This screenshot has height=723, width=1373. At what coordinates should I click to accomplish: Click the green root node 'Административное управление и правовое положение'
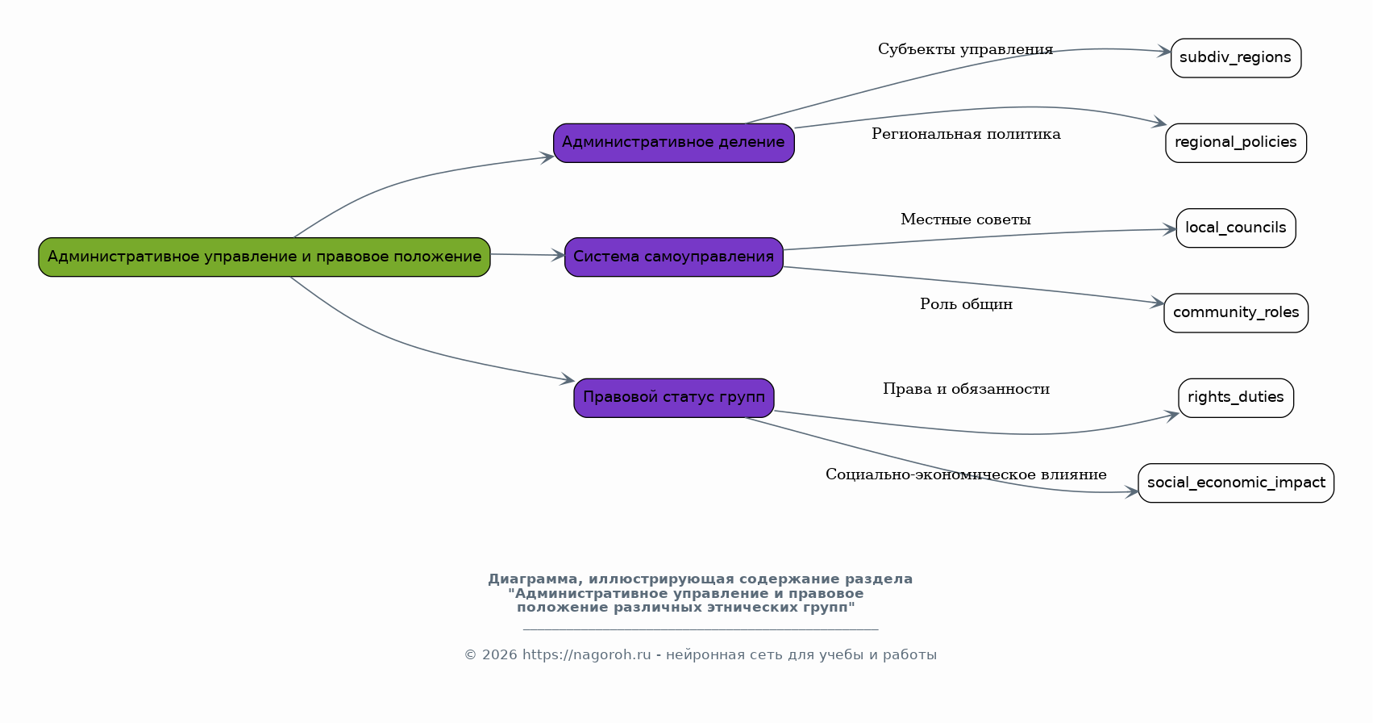click(264, 257)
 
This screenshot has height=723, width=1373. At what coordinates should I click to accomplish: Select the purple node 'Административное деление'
click(673, 143)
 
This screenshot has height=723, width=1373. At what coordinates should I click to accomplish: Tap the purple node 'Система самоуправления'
click(673, 257)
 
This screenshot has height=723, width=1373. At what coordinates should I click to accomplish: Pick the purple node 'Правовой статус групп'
click(673, 397)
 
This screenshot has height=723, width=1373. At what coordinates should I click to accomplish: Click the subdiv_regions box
click(1235, 58)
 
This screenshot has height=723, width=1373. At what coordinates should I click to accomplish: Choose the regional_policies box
click(1235, 143)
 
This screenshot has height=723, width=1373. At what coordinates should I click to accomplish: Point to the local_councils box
click(1235, 228)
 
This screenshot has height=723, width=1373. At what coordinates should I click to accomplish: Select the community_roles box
click(1235, 312)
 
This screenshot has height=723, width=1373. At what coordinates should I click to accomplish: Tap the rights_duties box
click(1235, 397)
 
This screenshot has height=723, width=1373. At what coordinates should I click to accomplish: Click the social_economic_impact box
click(1235, 483)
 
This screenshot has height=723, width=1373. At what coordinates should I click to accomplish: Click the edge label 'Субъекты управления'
click(965, 50)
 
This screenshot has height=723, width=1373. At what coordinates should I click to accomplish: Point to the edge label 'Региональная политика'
click(965, 134)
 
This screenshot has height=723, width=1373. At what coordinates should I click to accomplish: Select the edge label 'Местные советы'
click(965, 219)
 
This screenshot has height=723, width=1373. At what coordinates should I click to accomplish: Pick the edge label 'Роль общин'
click(965, 304)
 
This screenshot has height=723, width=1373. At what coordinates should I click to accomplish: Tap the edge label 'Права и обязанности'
click(965, 389)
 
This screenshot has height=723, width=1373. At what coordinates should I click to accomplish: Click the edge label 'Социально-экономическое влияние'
click(965, 474)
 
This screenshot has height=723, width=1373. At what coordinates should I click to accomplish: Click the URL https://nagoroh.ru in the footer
click(586, 655)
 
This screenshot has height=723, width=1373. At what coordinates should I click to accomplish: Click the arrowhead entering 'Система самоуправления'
click(558, 255)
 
